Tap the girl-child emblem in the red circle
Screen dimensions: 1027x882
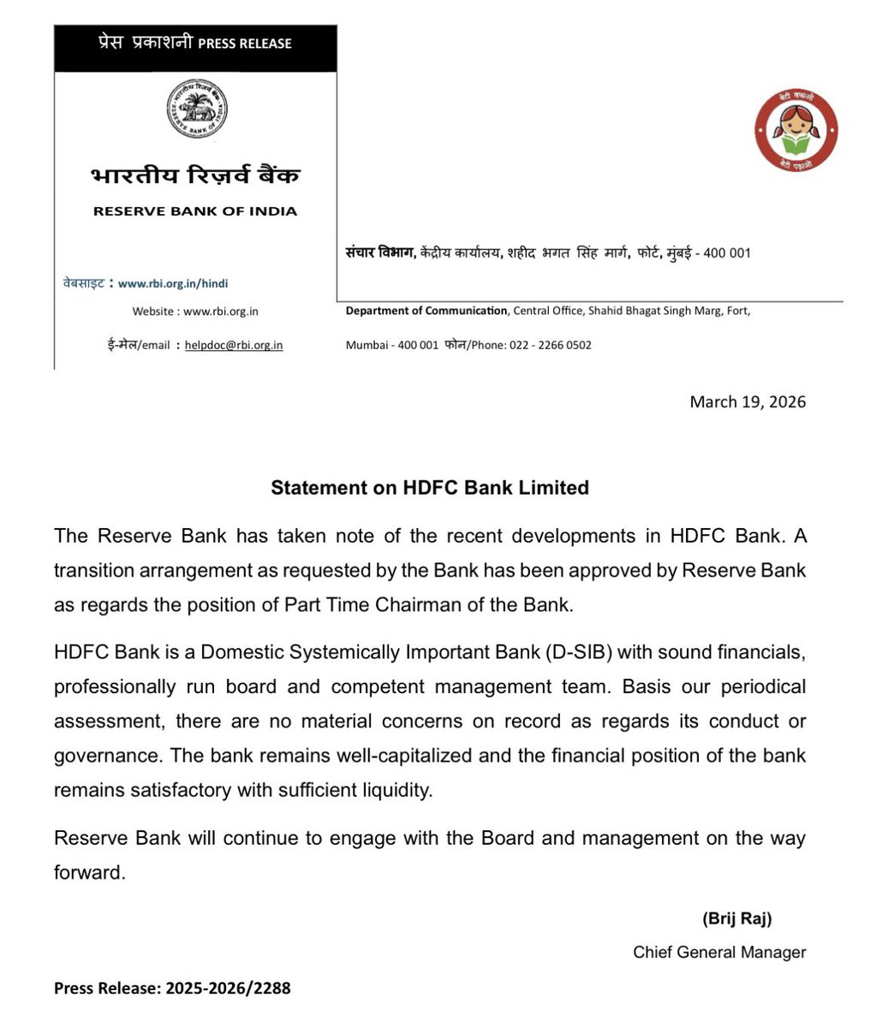coord(796,130)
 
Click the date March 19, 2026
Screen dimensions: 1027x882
coord(748,401)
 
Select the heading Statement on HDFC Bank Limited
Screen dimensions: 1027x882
coord(430,488)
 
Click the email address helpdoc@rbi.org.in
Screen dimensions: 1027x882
coord(234,345)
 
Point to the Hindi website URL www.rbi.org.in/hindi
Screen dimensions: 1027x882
coord(173,283)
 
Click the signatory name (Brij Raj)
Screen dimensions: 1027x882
coord(737,919)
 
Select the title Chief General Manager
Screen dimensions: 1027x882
coord(719,952)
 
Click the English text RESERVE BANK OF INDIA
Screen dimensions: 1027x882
coord(195,211)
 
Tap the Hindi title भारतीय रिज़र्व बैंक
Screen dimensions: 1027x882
coord(195,175)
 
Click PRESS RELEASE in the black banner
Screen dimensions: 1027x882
coord(245,43)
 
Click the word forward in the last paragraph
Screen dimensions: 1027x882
coord(89,874)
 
